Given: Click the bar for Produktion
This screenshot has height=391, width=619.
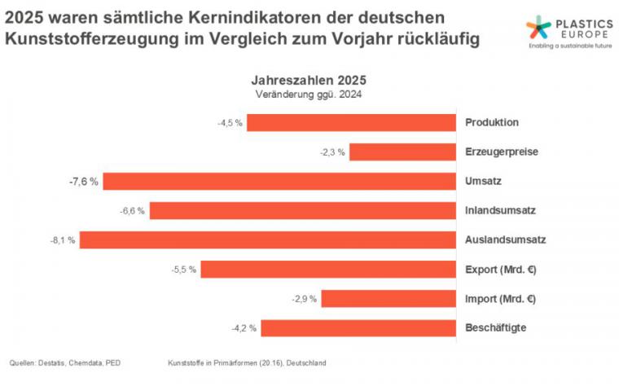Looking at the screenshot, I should click(x=351, y=123).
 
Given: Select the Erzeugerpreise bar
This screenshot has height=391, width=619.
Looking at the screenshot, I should click(x=402, y=152).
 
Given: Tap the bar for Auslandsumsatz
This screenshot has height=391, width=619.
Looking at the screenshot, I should click(x=267, y=240).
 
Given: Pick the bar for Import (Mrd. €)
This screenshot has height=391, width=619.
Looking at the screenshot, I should click(x=389, y=299).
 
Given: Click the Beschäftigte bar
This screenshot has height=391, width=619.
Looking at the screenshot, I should click(x=358, y=328).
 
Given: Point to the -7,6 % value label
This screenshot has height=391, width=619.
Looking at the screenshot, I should click(x=83, y=182).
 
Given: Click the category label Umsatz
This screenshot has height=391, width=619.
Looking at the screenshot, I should click(x=482, y=181).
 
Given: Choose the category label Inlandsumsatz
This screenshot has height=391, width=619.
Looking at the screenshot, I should click(x=499, y=210).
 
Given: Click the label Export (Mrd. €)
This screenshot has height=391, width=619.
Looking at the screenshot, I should click(x=502, y=269).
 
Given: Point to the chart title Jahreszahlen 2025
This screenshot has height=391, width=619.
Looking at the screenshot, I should click(x=308, y=81).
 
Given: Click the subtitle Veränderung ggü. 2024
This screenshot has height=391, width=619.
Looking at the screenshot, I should click(x=308, y=94).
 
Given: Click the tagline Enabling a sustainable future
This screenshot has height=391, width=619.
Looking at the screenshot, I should click(x=569, y=46).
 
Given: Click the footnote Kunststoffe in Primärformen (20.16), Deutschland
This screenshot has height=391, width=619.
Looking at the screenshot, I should click(x=246, y=362).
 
